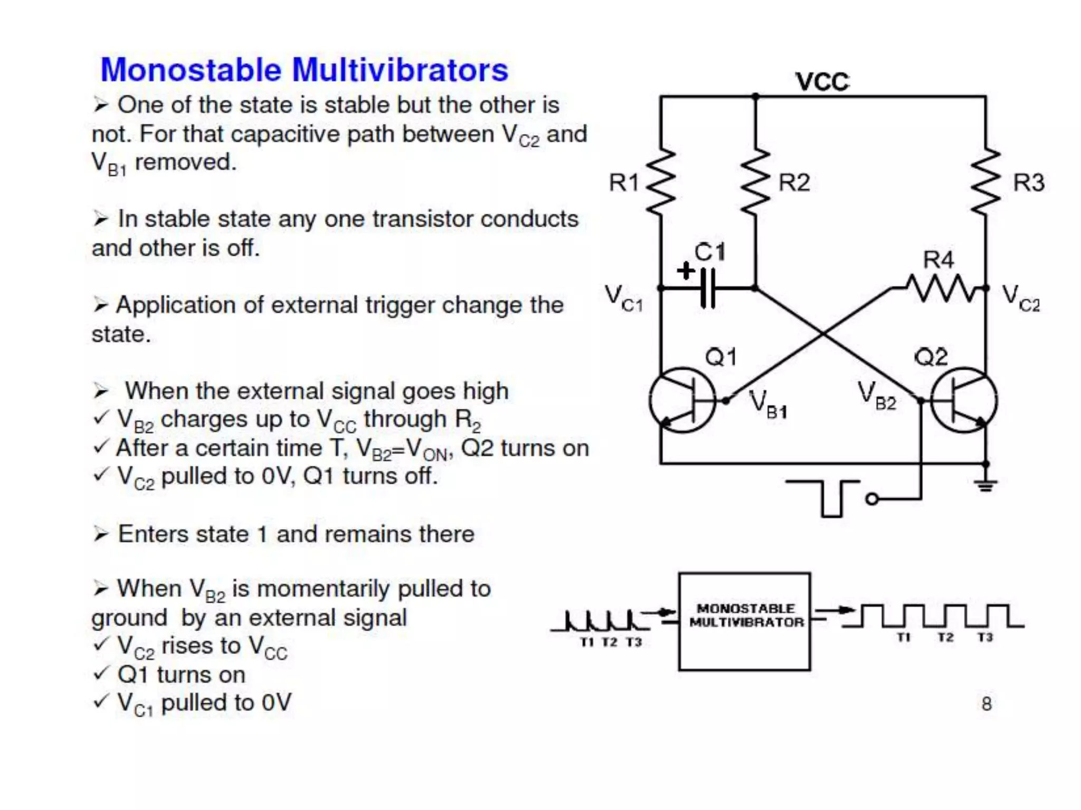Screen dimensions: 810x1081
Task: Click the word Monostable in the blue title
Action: tap(191, 70)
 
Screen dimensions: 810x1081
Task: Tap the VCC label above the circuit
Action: tap(822, 82)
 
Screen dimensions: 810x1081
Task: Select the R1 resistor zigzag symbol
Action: tap(660, 182)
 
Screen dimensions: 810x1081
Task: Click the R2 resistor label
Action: tap(794, 182)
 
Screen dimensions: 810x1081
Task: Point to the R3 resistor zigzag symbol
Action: tap(985, 182)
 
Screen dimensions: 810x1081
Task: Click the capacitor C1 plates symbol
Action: tap(708, 288)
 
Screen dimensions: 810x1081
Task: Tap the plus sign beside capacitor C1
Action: tap(686, 271)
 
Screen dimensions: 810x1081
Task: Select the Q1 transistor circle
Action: tap(682, 400)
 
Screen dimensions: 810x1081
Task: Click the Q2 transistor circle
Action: tap(963, 400)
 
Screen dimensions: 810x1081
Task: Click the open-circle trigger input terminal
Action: tap(872, 498)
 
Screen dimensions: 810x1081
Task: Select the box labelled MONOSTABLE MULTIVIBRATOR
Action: tap(744, 621)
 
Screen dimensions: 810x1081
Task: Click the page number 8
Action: tap(987, 703)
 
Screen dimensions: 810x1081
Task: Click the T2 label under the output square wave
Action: tap(945, 637)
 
